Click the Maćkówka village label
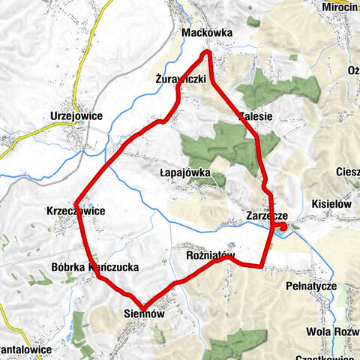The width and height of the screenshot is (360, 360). (x=208, y=34)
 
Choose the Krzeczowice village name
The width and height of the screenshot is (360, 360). (x=75, y=211)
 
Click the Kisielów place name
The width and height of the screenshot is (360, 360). (x=331, y=202)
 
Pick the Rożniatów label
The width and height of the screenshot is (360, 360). (x=211, y=256)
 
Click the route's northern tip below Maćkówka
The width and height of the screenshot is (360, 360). (x=208, y=52)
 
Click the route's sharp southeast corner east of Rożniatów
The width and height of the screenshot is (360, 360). (x=260, y=265)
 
